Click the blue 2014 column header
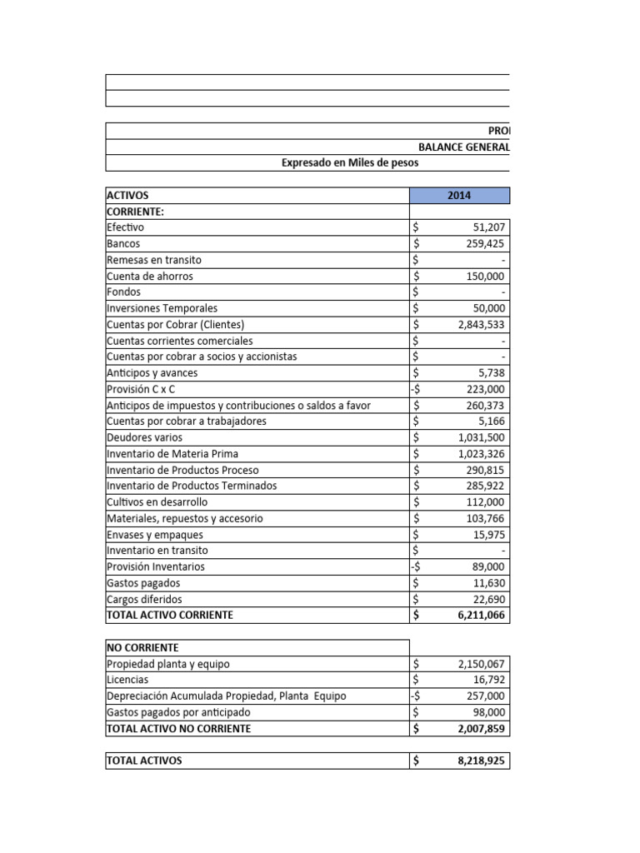[459, 195]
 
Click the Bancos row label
[123, 244]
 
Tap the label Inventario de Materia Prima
[172, 454]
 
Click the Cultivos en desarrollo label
[157, 502]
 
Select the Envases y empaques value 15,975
[487, 535]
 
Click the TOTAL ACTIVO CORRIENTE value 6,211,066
[479, 616]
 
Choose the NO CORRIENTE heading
[142, 647]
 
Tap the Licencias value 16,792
[487, 680]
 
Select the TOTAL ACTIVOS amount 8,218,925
[479, 761]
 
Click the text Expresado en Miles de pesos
[350, 163]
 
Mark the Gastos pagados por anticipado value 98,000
[487, 712]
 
